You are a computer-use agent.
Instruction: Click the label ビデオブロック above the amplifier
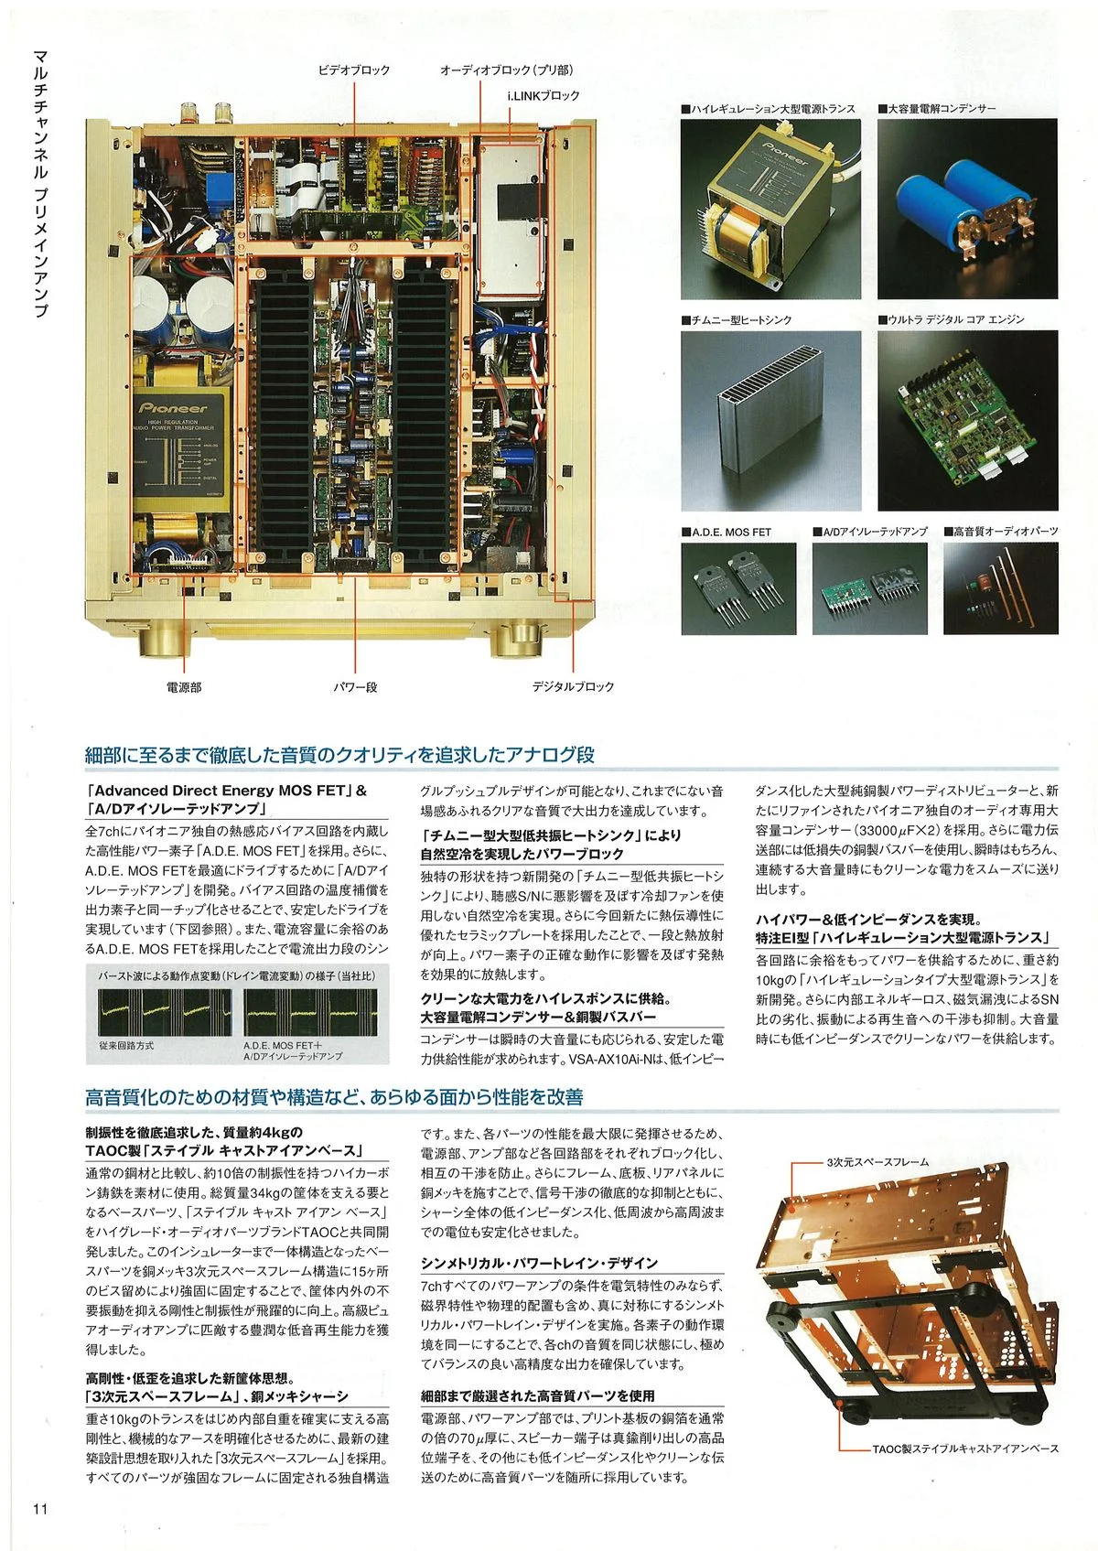[x=353, y=70]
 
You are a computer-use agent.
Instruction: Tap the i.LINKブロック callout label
[x=544, y=95]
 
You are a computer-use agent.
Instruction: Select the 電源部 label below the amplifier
[x=184, y=686]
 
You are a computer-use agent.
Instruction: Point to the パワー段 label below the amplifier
[x=355, y=686]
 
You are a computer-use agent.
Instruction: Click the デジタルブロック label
[x=574, y=686]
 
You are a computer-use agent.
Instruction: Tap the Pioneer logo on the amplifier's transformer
[x=174, y=407]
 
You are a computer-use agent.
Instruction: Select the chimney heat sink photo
[x=770, y=420]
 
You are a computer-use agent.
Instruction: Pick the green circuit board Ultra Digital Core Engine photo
[x=967, y=420]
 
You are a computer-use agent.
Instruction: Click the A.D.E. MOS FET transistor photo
[x=738, y=588]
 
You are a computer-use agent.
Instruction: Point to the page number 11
[x=39, y=1509]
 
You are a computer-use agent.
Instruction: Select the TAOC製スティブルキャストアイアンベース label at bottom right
[x=965, y=1449]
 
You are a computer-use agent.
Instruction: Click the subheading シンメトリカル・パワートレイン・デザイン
[x=539, y=1263]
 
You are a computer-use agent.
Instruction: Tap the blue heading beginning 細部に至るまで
[x=339, y=755]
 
